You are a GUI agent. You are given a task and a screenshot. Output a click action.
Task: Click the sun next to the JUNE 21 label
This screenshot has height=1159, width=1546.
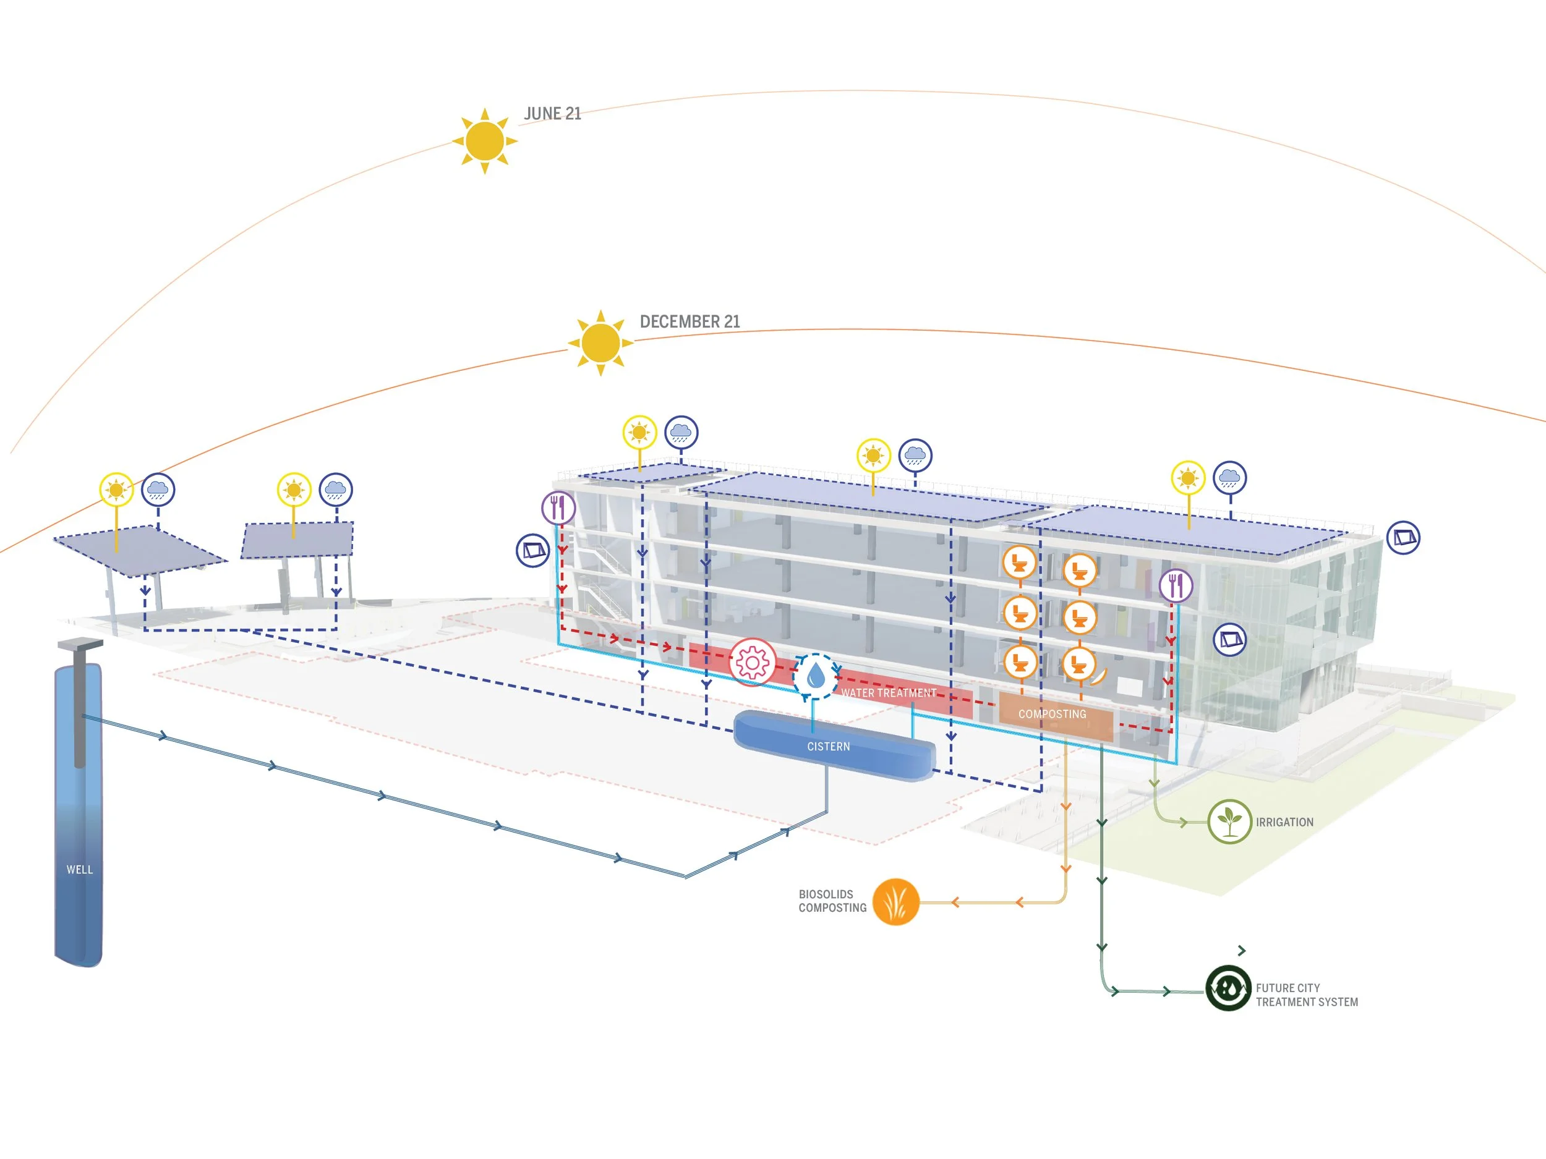484,140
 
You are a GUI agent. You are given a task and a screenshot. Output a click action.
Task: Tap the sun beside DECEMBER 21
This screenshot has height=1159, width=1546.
600,342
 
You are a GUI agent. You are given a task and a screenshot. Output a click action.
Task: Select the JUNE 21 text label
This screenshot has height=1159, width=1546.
552,114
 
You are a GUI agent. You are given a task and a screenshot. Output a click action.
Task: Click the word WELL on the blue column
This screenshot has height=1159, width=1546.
80,870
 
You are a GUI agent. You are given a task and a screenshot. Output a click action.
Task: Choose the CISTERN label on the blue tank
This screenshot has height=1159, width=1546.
828,747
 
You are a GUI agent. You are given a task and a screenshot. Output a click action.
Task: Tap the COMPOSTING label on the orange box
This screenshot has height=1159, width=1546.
1052,714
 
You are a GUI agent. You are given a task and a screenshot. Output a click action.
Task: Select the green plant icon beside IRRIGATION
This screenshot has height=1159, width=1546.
1229,821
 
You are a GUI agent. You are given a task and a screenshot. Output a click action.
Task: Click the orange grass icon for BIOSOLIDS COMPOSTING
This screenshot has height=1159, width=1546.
896,902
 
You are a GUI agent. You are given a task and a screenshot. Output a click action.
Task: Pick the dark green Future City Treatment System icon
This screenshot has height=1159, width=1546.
1228,988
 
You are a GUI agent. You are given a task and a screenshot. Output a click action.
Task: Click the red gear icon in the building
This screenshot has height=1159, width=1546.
752,661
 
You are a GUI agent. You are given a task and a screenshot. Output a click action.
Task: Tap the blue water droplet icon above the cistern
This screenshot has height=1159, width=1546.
815,676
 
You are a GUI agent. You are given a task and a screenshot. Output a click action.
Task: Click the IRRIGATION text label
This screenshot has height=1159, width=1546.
1284,822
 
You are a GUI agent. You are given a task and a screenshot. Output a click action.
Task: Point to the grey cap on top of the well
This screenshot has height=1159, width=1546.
80,645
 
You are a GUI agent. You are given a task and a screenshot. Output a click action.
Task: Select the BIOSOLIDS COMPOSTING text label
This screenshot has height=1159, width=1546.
832,901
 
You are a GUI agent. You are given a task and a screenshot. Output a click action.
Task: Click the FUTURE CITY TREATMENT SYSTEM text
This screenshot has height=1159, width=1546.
1306,995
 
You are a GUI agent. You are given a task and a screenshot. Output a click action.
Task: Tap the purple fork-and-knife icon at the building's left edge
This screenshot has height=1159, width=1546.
558,508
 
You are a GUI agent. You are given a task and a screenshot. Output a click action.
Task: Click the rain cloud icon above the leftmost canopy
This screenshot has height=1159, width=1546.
158,490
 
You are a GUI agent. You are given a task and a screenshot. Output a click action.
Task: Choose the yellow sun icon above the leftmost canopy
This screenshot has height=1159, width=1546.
116,490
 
